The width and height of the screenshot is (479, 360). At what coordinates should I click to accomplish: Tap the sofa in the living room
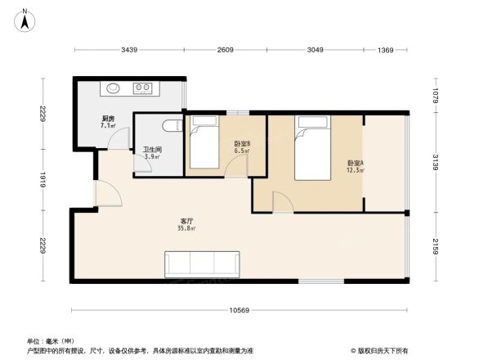(x=203, y=263)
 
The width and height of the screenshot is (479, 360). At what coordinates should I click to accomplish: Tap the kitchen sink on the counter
(x=112, y=88)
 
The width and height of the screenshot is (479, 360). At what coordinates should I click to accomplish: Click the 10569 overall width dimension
(x=239, y=309)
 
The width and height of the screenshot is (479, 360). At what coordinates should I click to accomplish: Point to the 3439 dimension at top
(x=129, y=51)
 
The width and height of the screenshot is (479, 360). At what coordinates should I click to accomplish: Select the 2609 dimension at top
(x=226, y=51)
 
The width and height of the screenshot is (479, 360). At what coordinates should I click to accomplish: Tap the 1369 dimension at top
(x=387, y=51)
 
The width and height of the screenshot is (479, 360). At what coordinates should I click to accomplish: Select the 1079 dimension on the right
(x=436, y=96)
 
